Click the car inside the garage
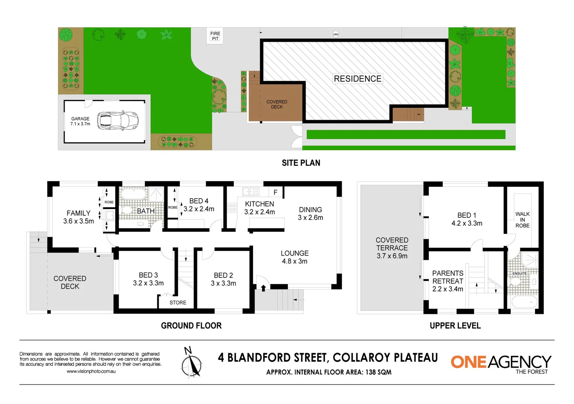click(x=118, y=121)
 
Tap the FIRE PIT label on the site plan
click(x=215, y=36)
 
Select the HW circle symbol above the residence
click(x=336, y=34)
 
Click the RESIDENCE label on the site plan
click(x=357, y=79)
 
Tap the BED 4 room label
click(x=199, y=205)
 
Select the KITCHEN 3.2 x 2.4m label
click(x=260, y=208)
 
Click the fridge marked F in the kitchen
click(x=276, y=192)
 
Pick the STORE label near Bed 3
click(x=178, y=303)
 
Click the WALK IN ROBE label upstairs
click(x=522, y=220)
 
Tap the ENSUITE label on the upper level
click(x=519, y=273)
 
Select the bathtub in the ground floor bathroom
click(x=133, y=194)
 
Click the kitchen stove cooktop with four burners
click(x=232, y=208)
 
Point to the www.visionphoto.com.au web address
click(x=91, y=371)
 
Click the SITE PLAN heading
click(x=301, y=163)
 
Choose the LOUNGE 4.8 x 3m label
click(x=295, y=257)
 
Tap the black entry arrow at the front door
click(x=263, y=288)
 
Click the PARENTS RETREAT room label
click(x=448, y=281)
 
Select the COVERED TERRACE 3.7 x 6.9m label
click(x=392, y=248)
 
